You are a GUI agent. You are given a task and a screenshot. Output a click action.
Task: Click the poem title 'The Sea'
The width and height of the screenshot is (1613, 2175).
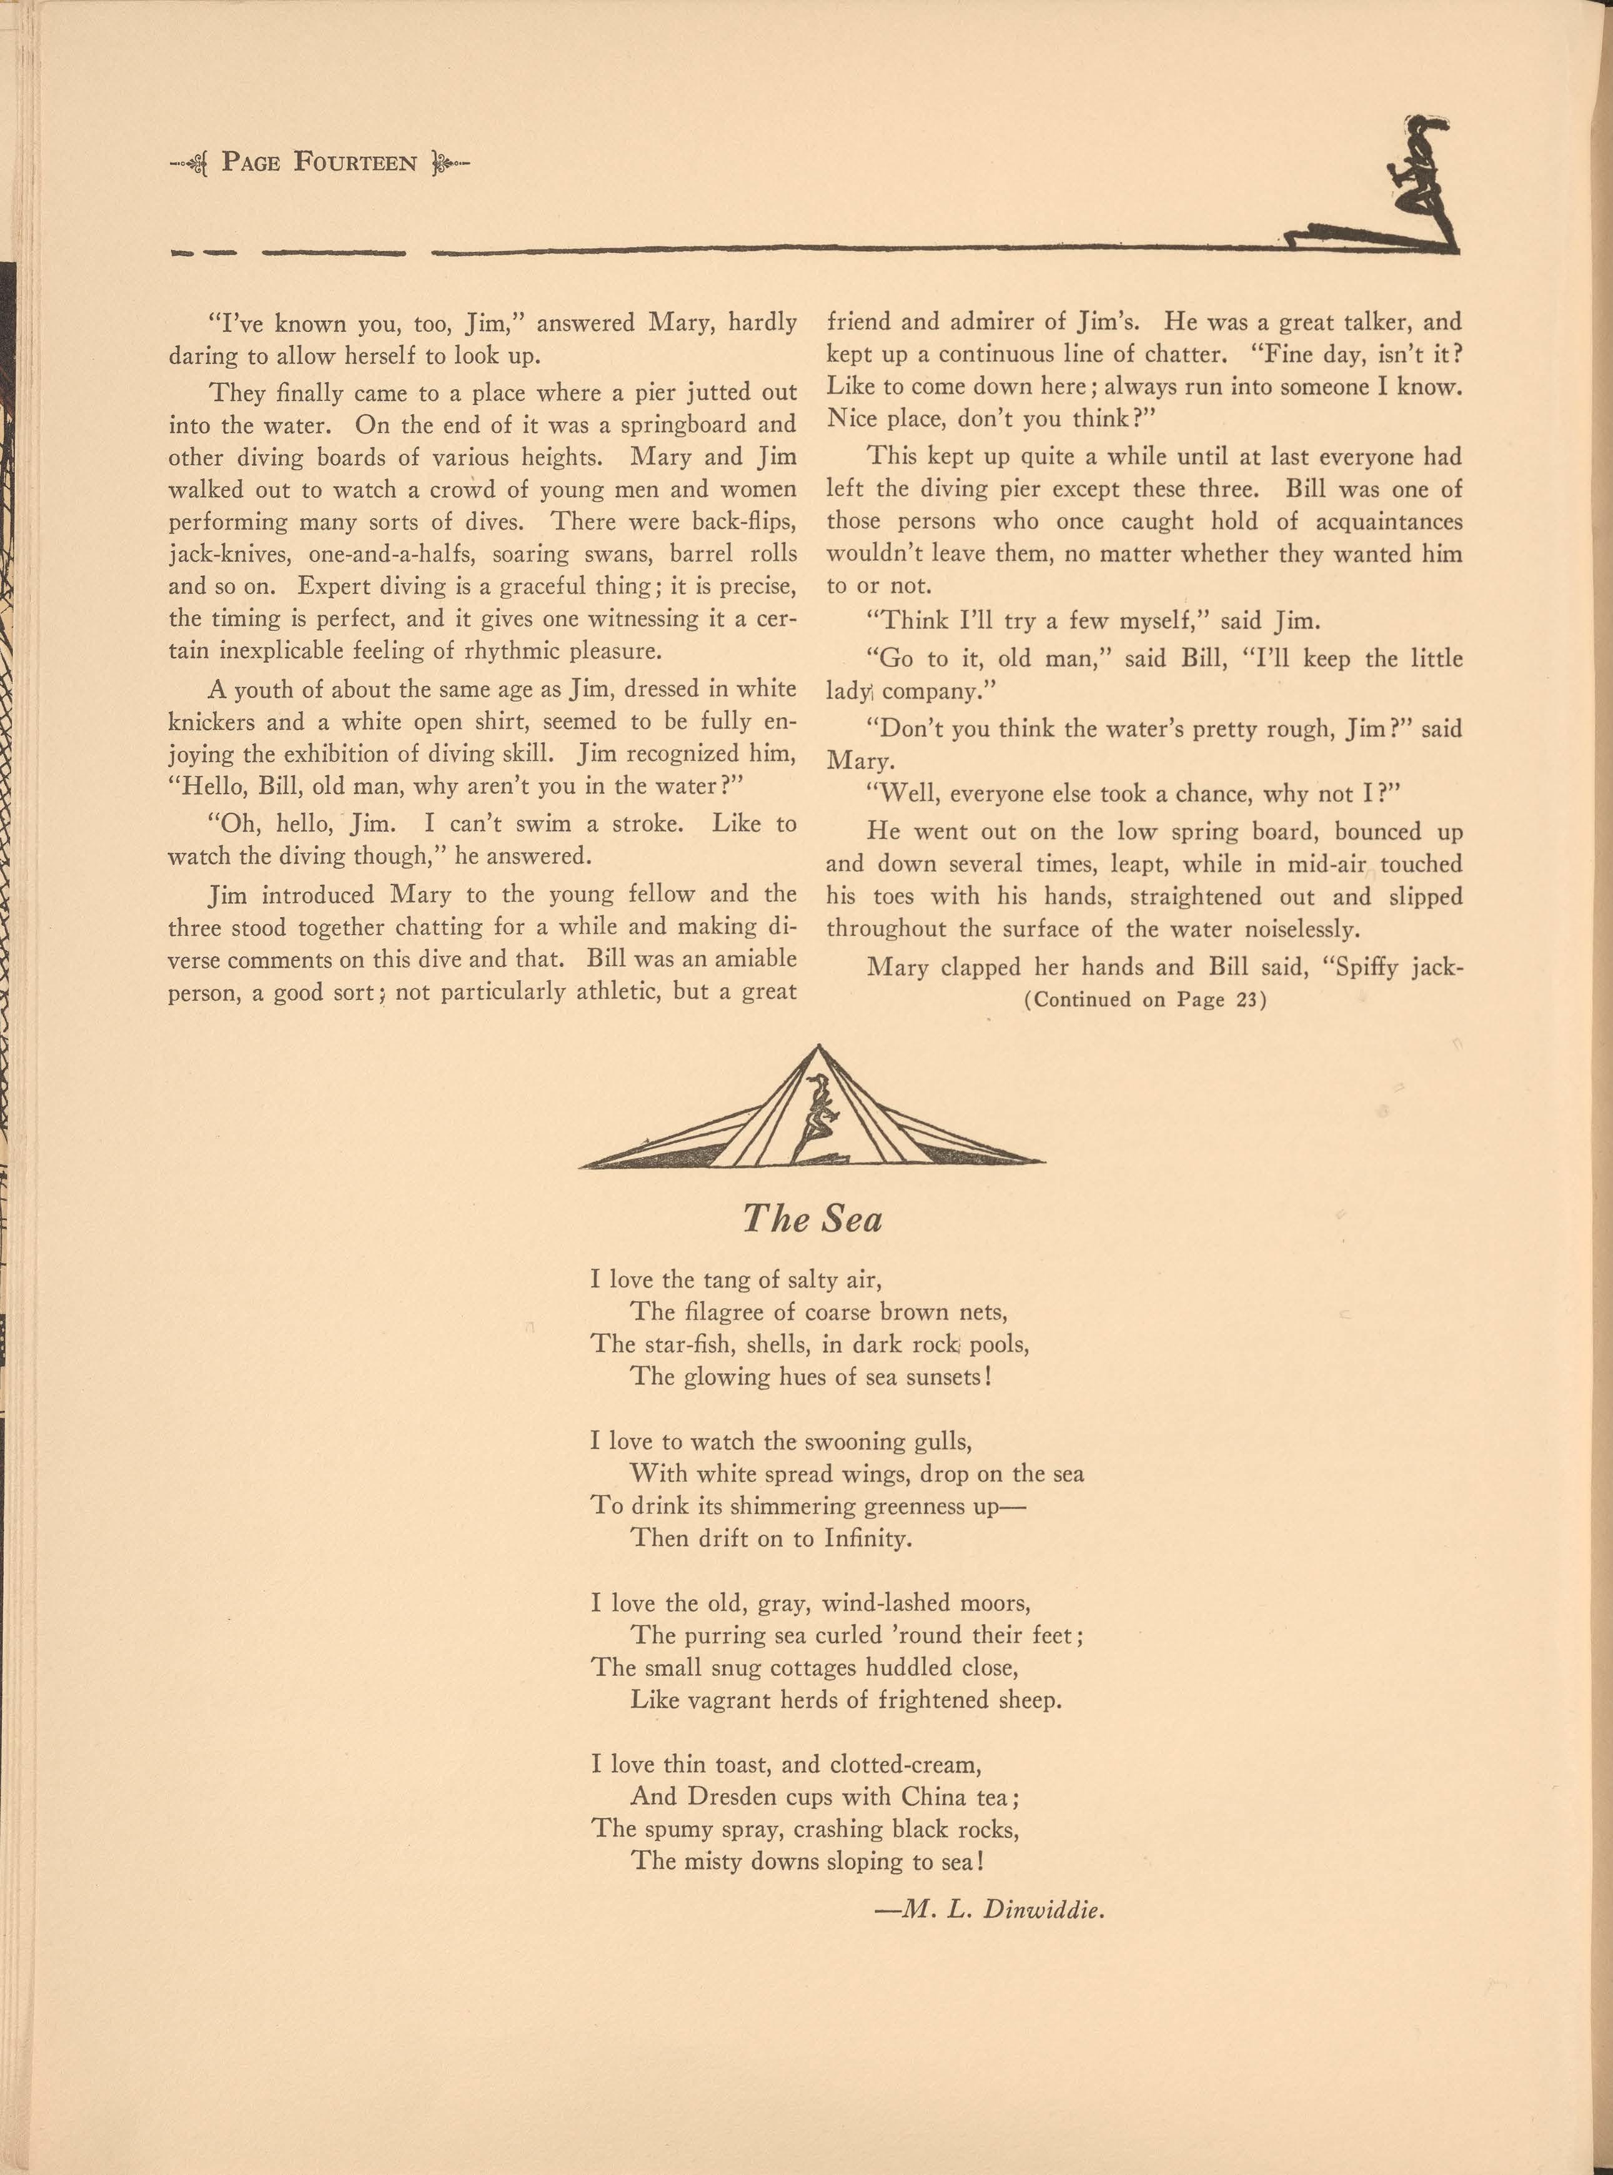(811, 1218)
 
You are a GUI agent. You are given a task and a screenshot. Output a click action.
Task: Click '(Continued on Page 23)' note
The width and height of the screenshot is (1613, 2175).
(1144, 999)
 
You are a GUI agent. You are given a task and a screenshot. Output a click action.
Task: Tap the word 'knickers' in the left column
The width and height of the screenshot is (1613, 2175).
(209, 721)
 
